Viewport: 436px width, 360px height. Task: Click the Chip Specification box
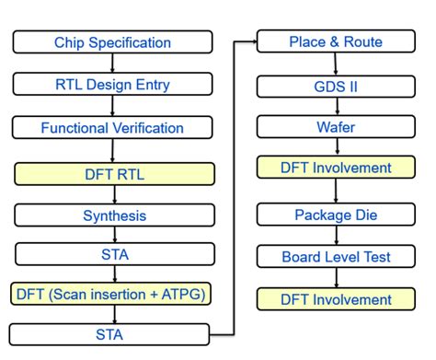pyautogui.click(x=112, y=42)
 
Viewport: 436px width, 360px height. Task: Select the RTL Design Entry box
pyautogui.click(x=112, y=85)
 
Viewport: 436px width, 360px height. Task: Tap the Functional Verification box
pyautogui.click(x=112, y=128)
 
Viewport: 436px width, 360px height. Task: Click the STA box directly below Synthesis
pyautogui.click(x=112, y=254)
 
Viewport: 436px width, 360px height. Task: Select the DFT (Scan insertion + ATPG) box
pyautogui.click(x=112, y=294)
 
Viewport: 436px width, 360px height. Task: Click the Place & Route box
pyautogui.click(x=336, y=42)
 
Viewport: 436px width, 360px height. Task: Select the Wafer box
pyautogui.click(x=336, y=127)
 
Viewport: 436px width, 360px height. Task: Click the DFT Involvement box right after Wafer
pyautogui.click(x=336, y=168)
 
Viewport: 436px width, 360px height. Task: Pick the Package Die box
pyautogui.click(x=336, y=215)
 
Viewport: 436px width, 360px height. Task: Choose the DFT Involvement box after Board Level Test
pyautogui.click(x=336, y=298)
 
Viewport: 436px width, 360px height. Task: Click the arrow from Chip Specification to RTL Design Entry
pyautogui.click(x=112, y=64)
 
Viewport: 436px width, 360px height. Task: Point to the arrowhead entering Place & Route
pyautogui.click(x=252, y=41)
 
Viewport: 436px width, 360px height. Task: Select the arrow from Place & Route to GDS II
pyautogui.click(x=336, y=64)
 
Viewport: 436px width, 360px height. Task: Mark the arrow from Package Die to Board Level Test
pyautogui.click(x=336, y=235)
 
